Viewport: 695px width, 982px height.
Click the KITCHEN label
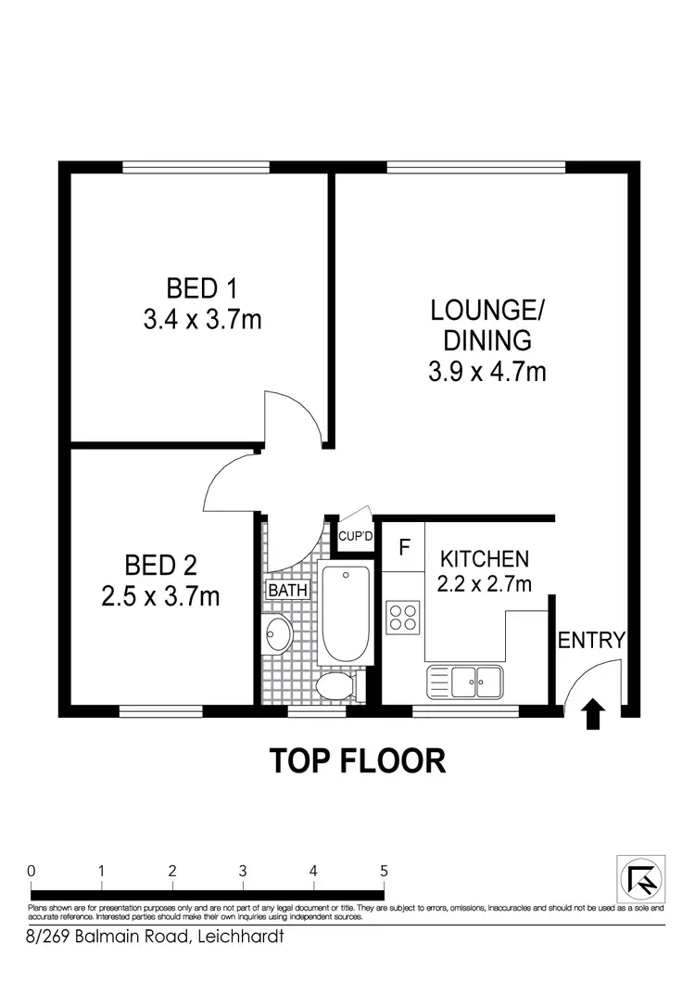click(x=484, y=559)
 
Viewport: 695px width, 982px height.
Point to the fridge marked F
click(x=404, y=547)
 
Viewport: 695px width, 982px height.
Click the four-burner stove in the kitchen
click(x=403, y=617)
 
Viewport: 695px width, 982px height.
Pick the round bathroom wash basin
click(x=278, y=635)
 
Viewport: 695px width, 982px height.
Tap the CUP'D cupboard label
click(x=355, y=537)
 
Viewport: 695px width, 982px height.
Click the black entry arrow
click(x=590, y=715)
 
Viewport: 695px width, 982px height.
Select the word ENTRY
click(x=591, y=640)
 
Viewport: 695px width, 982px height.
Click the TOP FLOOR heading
click(x=358, y=760)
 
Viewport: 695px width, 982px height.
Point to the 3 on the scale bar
click(x=242, y=871)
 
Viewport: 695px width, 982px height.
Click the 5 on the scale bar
click(x=383, y=871)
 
